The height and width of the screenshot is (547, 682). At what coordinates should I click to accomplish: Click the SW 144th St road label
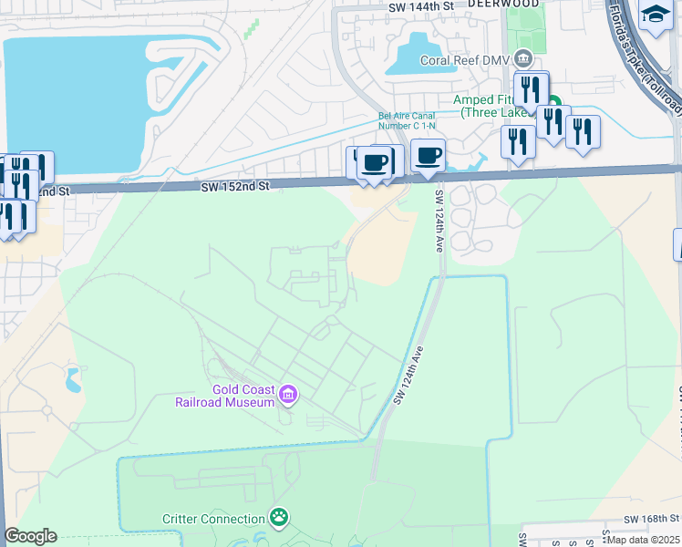(x=420, y=6)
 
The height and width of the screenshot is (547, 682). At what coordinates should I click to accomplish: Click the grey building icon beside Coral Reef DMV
(x=523, y=59)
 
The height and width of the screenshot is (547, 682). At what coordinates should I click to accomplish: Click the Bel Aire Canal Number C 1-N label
(x=408, y=120)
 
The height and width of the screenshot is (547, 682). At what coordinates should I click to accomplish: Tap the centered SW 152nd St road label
(x=236, y=186)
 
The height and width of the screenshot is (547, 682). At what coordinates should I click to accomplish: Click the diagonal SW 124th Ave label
(x=410, y=375)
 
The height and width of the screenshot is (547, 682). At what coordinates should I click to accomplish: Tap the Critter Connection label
(x=213, y=519)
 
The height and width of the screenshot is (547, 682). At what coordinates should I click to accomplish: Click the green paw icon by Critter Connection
(x=279, y=518)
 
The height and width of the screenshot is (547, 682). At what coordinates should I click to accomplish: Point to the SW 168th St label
(x=653, y=519)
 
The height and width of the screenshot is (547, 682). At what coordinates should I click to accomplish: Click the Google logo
(x=30, y=536)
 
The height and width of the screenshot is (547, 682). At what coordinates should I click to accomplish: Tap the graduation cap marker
(x=655, y=15)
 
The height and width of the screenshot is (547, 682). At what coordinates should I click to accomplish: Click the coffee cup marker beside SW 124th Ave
(x=428, y=155)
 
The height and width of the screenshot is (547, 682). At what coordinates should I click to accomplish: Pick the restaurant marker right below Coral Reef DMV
(x=531, y=89)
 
